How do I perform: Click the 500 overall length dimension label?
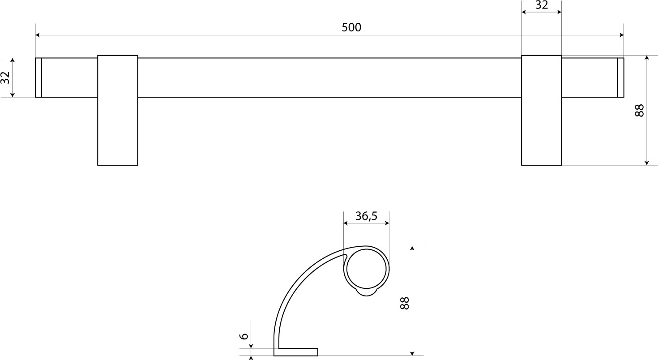pyautogui.click(x=351, y=27)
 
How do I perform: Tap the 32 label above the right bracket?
pyautogui.click(x=542, y=5)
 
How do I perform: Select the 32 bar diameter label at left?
pyautogui.click(x=5, y=77)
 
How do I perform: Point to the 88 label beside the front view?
pyautogui.click(x=639, y=111)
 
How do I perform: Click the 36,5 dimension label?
pyautogui.click(x=366, y=216)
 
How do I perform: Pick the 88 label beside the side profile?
pyautogui.click(x=405, y=303)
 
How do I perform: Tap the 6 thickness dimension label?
pyautogui.click(x=244, y=336)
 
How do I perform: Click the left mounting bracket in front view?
pyautogui.click(x=117, y=110)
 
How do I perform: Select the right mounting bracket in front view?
pyautogui.click(x=541, y=110)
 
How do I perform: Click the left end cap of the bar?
pyautogui.click(x=38, y=77)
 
